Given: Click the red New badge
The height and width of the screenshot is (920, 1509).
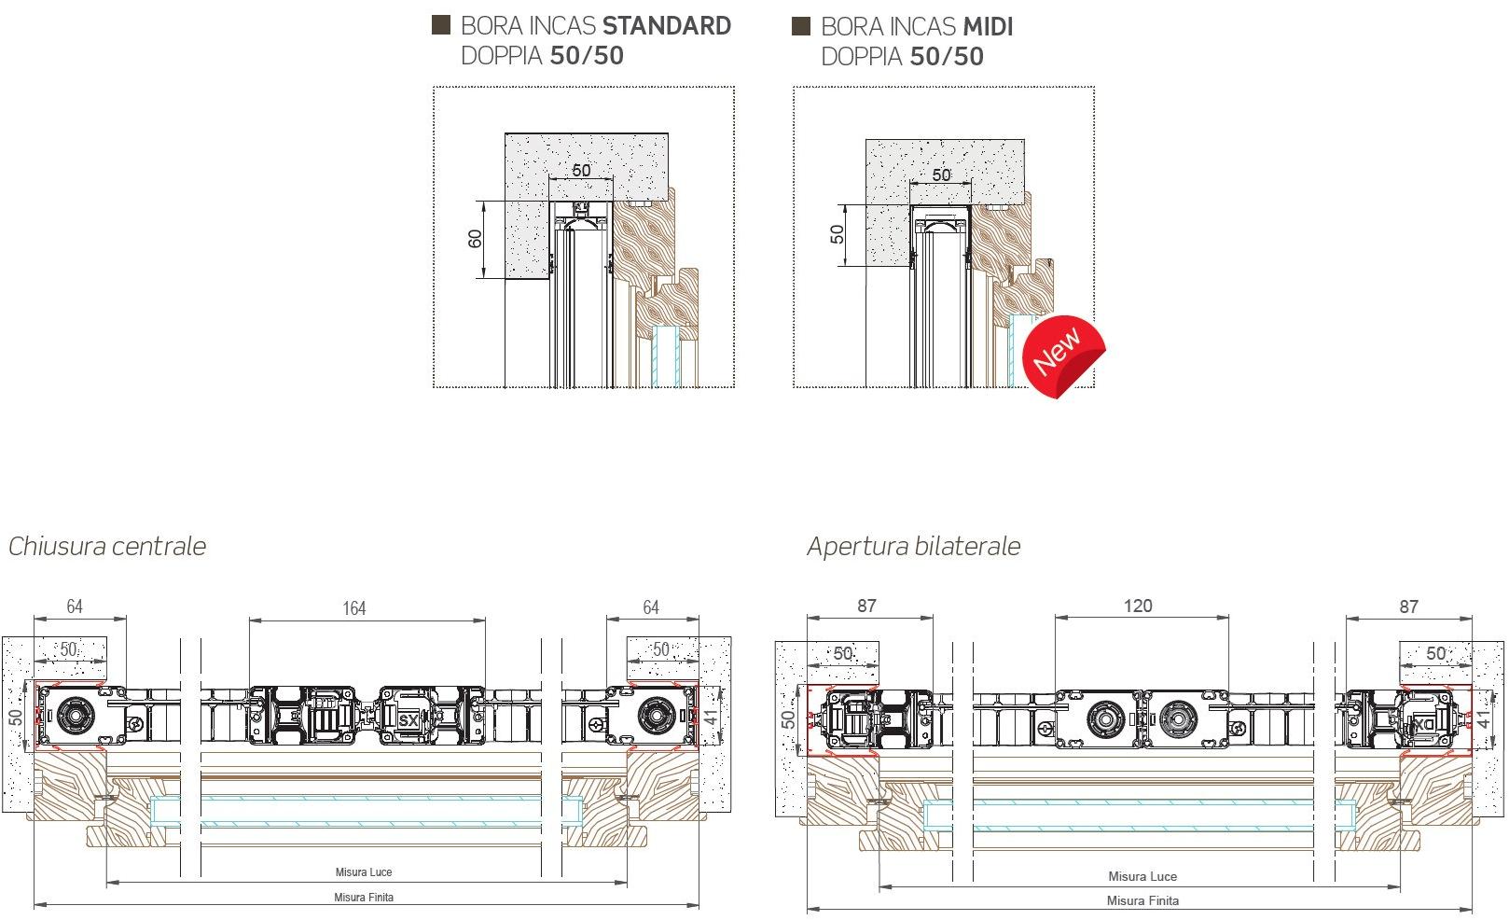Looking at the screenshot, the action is (1063, 355).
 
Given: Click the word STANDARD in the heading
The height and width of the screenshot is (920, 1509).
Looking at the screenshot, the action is (666, 25).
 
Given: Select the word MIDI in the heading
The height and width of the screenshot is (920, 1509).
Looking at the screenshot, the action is (988, 26).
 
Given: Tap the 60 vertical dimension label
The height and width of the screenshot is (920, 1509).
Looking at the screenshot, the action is (475, 239).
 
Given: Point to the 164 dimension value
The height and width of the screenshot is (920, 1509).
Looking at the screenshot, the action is (353, 608).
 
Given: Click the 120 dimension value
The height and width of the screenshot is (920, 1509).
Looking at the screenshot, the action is (1138, 606).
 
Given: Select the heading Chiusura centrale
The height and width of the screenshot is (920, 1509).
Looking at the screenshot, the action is (107, 546).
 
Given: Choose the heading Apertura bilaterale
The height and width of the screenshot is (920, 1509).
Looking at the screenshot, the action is (913, 546).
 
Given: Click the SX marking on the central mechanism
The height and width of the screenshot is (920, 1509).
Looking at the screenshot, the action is (408, 720).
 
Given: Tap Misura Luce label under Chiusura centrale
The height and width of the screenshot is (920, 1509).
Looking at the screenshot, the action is (364, 872).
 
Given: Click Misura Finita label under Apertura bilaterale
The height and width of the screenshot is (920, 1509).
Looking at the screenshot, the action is (1142, 900).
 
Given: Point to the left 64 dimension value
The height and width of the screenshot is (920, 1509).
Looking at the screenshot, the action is (74, 606).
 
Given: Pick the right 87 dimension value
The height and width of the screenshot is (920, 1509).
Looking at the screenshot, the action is (1408, 606).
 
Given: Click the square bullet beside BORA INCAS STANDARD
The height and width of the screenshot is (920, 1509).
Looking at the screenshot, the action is (440, 25).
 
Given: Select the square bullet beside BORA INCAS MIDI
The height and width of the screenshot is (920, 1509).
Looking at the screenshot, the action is (801, 25).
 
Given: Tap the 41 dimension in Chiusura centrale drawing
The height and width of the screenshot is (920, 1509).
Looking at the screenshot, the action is (712, 718).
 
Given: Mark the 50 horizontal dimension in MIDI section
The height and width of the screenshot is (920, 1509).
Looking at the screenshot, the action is (941, 175).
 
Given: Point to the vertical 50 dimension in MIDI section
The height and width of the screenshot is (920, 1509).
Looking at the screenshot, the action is (837, 234).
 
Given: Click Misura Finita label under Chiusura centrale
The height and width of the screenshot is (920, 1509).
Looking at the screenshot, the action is (364, 897).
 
